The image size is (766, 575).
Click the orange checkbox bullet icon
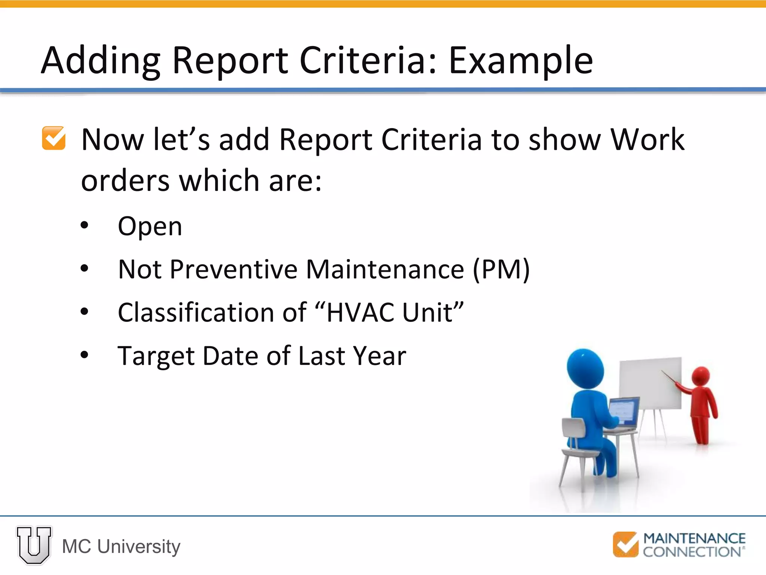tap(54, 138)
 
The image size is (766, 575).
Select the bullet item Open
tap(150, 226)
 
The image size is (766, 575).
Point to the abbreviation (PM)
tap(501, 269)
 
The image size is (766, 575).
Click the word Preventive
tap(234, 269)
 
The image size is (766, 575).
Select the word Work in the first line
tap(647, 139)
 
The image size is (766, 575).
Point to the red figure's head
tap(701, 375)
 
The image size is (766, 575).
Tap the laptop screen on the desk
tap(624, 411)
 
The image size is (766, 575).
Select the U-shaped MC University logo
tap(34, 545)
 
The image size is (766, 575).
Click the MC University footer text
tap(121, 547)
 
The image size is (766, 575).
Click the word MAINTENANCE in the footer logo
tap(694, 538)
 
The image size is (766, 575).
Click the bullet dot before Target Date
tap(85, 355)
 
